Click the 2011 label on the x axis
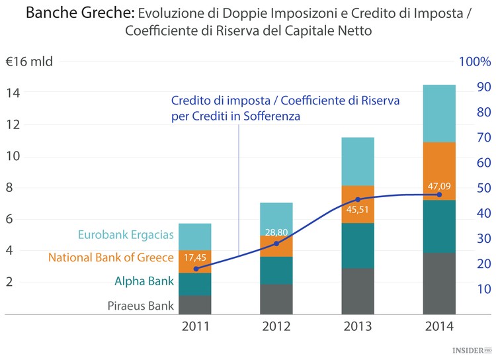(x=195, y=326)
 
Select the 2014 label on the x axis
(x=439, y=326)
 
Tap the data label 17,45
(x=196, y=257)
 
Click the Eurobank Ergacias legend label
(x=126, y=235)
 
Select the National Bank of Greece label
(x=111, y=258)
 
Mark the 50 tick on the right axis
(x=483, y=188)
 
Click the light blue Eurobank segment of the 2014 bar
(x=439, y=113)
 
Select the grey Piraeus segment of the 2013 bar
(x=358, y=291)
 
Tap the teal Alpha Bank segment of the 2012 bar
(x=276, y=270)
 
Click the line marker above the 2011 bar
(x=196, y=269)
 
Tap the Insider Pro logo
(x=472, y=349)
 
